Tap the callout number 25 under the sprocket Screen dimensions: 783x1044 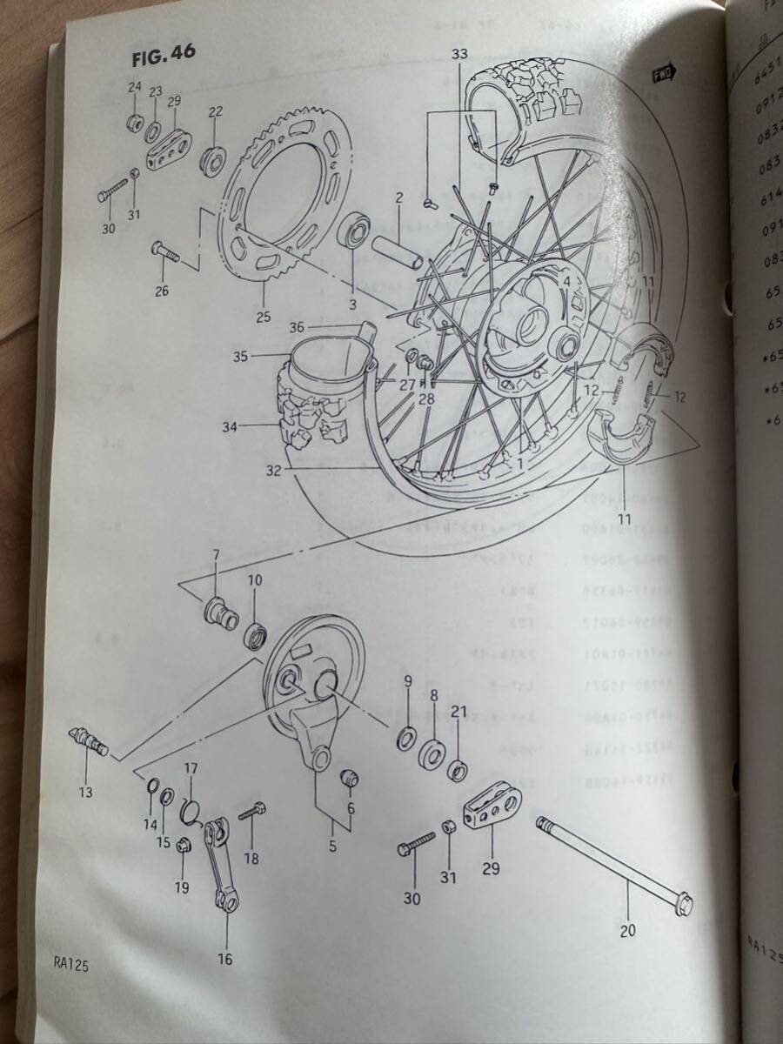point(264,317)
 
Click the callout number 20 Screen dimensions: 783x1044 point(628,930)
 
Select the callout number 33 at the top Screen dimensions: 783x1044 point(460,54)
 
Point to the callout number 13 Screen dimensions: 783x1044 point(84,793)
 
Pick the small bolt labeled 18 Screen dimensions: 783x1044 point(251,811)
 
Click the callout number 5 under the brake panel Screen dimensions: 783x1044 point(331,843)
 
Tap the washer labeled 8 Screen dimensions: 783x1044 point(432,753)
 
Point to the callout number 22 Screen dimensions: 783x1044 point(216,110)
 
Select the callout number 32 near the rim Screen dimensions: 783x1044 point(275,472)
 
